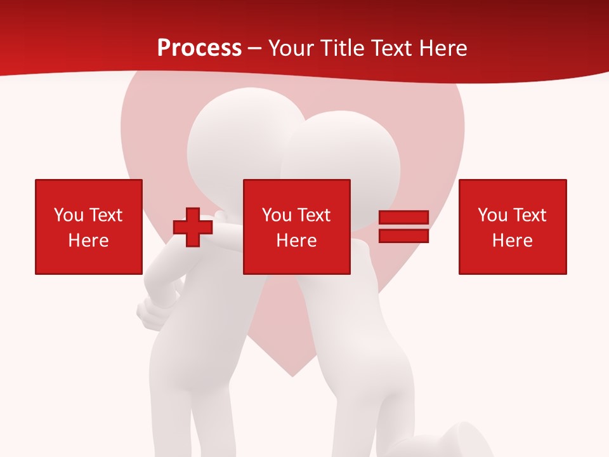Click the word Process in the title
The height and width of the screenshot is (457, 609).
199,48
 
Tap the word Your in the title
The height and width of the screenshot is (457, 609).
289,48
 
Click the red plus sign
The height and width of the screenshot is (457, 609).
193,227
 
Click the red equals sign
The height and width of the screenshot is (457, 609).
403,227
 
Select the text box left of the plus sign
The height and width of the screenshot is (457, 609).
89,227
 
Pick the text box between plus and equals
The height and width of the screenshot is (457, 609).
296,227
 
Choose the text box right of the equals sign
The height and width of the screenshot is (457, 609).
513,227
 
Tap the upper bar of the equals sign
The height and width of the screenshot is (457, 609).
403,218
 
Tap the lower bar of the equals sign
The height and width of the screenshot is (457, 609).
403,235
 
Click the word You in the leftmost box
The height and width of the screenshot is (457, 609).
69,215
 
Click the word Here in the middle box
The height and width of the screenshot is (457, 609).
296,241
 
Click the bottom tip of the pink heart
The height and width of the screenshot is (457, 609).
293,375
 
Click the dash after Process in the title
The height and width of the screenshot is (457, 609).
255,49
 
